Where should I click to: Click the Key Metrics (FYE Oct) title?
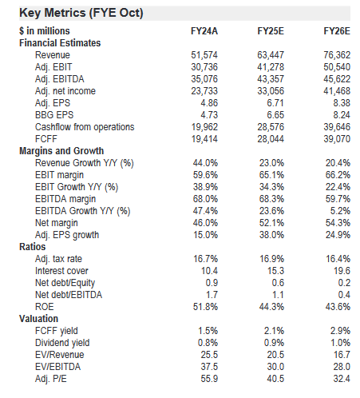coord(81,13)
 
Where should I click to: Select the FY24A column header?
coord(204,31)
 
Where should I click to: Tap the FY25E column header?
coord(271,31)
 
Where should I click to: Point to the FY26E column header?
coord(337,31)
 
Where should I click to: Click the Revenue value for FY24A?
coord(204,55)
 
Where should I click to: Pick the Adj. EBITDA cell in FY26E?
coord(337,79)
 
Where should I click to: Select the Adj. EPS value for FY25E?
coord(275,103)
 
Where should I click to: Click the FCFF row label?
coord(46,139)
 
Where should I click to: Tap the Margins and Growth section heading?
coord(61,151)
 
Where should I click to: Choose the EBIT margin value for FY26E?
coord(338,175)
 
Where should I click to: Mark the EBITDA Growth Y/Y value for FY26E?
coord(340,211)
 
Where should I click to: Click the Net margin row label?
coord(57,223)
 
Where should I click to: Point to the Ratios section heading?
coord(33,247)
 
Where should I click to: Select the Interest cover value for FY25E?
coord(275,271)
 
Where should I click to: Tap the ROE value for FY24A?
coord(205,307)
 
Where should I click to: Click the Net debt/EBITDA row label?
coord(69,295)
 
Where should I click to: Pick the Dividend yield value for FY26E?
coord(340,343)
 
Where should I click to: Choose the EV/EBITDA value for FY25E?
coord(275,367)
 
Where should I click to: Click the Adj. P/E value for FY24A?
coord(209,379)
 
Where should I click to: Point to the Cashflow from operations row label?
coord(85,127)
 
